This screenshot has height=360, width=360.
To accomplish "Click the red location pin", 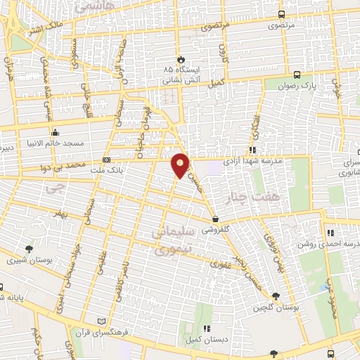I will (x=181, y=165).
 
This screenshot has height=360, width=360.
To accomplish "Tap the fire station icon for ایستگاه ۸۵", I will (x=182, y=59).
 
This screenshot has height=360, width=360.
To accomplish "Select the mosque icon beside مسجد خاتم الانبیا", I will (x=56, y=132).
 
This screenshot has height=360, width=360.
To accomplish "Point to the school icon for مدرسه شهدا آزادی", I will (x=251, y=150).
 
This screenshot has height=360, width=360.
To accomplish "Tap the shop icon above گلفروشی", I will (x=216, y=219).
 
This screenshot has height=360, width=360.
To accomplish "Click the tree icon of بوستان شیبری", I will (x=29, y=248).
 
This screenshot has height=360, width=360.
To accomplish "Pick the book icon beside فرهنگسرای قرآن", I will (x=106, y=320).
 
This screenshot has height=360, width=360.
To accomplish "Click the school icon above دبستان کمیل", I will (x=206, y=328).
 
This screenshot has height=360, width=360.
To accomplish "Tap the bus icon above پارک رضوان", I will (x=297, y=75).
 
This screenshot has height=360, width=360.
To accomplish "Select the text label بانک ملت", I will (x=131, y=169).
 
